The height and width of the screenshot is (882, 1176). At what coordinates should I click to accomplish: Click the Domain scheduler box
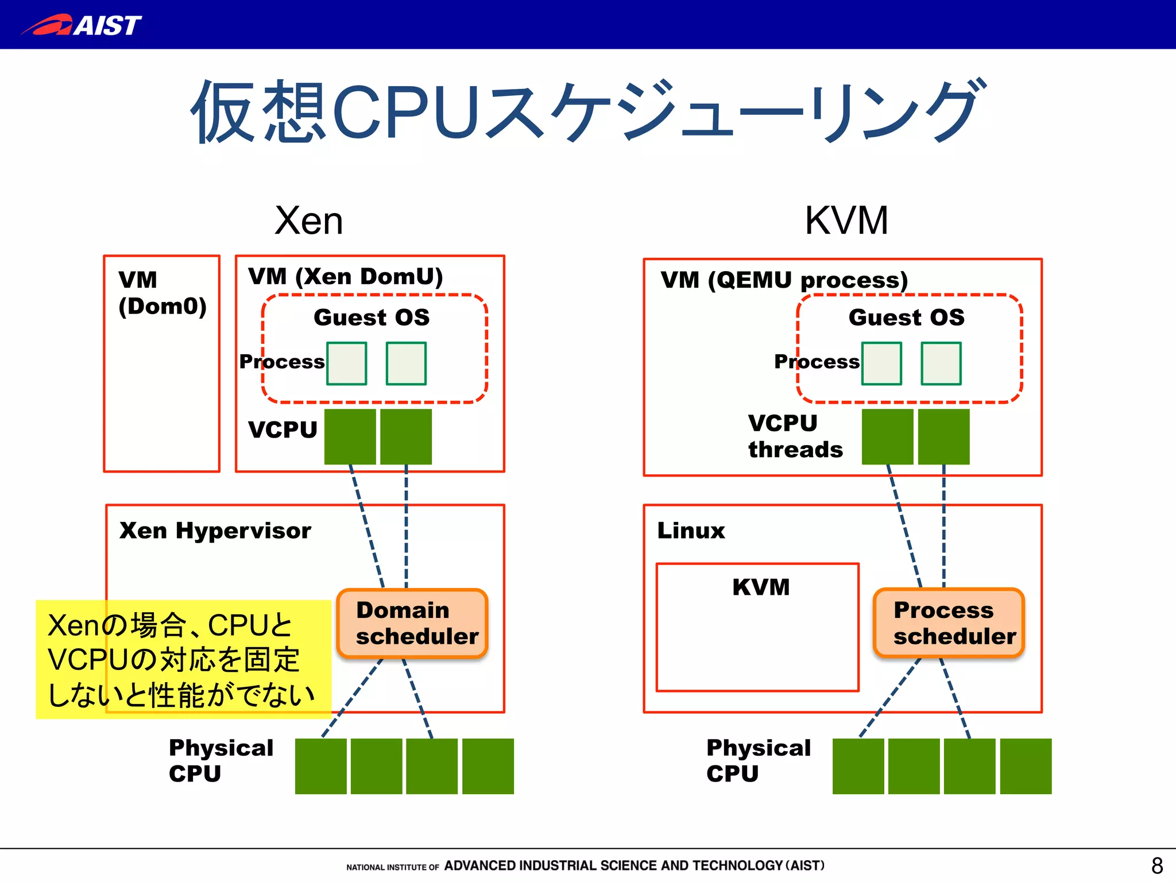click(412, 623)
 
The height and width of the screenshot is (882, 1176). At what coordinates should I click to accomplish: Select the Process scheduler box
click(949, 623)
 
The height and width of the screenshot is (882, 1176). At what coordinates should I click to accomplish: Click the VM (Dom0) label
click(161, 293)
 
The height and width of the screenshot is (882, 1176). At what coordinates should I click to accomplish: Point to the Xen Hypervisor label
click(215, 530)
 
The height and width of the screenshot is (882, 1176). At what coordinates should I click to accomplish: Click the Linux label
click(691, 530)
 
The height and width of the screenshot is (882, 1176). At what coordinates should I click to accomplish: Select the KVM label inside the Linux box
click(761, 587)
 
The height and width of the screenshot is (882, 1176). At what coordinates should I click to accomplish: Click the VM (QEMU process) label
click(784, 280)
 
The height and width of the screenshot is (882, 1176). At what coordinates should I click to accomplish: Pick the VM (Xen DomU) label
click(345, 276)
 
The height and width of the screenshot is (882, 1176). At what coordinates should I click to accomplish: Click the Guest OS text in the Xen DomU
click(372, 317)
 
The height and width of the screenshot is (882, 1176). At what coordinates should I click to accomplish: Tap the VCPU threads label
click(795, 436)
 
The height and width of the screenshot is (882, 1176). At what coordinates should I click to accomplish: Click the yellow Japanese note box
click(183, 659)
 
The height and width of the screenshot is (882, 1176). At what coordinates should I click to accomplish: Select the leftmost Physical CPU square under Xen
click(320, 766)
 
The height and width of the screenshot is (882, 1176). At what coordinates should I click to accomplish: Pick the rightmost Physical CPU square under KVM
click(1026, 766)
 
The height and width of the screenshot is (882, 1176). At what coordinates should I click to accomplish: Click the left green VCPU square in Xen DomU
click(350, 436)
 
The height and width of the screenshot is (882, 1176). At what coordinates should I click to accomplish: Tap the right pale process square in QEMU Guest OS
click(941, 363)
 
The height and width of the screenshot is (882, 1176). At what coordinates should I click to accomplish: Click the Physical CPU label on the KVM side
click(758, 760)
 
